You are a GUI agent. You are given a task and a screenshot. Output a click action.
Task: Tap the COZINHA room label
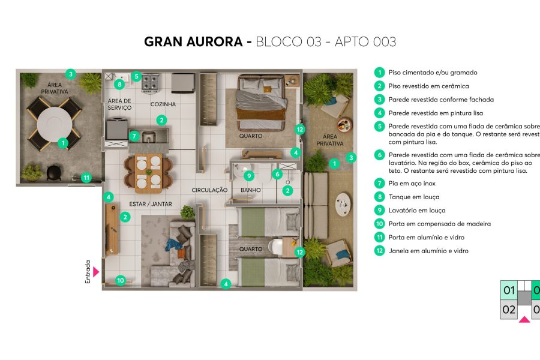(163, 104)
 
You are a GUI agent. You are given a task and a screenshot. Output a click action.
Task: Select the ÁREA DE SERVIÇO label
(119, 104)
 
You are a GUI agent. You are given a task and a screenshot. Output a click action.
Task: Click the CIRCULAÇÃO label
(209, 190)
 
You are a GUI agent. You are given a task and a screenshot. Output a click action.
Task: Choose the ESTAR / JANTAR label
(151, 204)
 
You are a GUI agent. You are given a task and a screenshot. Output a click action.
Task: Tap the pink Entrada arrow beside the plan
(95, 272)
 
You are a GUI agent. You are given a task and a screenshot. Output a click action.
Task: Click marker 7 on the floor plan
(134, 136)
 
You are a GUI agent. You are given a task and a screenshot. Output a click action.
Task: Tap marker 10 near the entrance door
(120, 280)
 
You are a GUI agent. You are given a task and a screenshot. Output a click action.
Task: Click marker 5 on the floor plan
(136, 76)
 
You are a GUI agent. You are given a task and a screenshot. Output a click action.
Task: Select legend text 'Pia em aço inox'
(412, 183)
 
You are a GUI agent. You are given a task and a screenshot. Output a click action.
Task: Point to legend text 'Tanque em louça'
(413, 197)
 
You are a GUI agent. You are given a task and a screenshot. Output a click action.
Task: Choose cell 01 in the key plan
(509, 291)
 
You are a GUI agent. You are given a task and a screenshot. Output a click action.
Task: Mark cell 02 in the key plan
(509, 310)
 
